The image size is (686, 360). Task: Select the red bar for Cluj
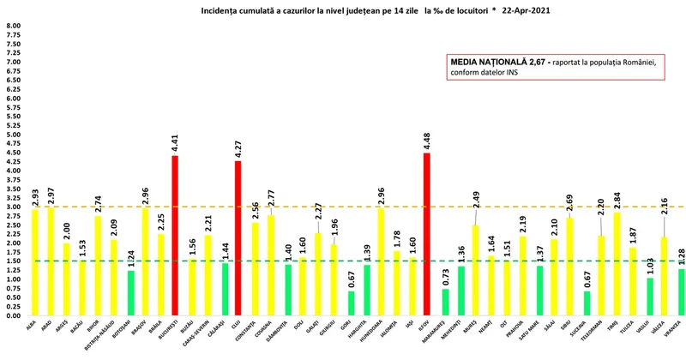point(238,238)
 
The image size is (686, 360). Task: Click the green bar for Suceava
point(587,303)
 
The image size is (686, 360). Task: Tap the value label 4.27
point(238,147)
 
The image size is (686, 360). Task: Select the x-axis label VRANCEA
point(677,330)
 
